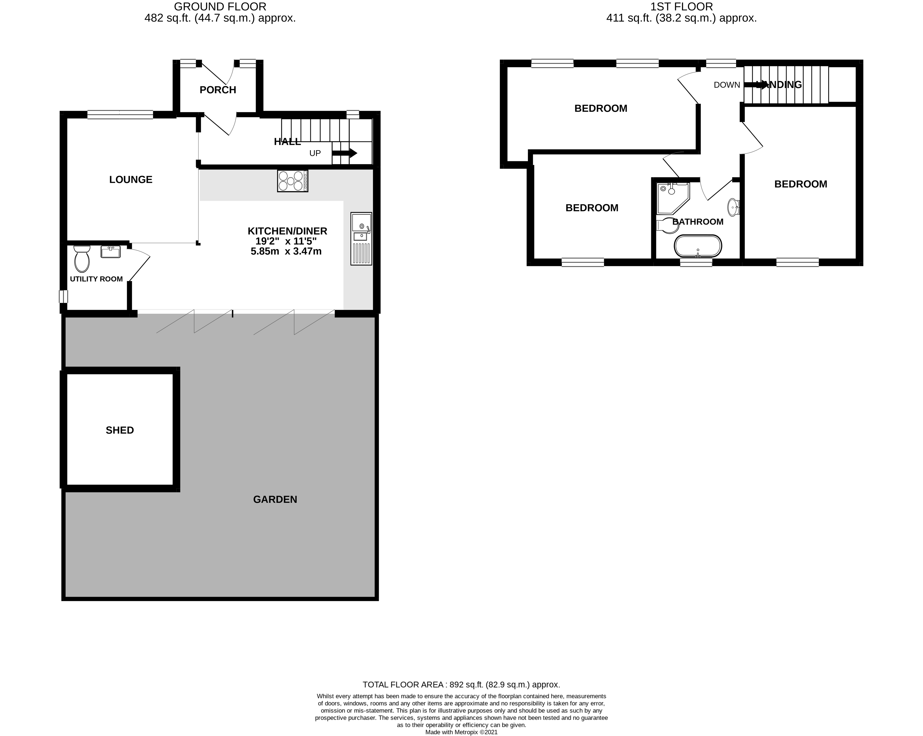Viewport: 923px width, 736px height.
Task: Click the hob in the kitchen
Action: [292, 181]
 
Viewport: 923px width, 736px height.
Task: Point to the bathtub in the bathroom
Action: [698, 246]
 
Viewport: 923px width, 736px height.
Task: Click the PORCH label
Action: [218, 90]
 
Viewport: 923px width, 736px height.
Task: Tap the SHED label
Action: [120, 430]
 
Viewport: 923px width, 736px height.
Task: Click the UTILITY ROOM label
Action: [96, 279]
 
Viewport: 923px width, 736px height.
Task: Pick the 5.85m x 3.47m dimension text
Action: [286, 251]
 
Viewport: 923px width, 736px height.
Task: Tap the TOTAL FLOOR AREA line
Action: [461, 684]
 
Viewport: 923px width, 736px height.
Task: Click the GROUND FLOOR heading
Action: [220, 7]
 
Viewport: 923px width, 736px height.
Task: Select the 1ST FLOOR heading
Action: [682, 7]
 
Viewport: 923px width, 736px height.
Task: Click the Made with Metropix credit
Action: [461, 732]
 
